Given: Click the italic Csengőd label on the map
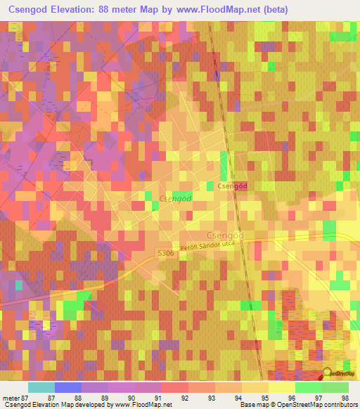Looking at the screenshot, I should click(x=176, y=199).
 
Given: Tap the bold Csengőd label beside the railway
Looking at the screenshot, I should click(x=231, y=186).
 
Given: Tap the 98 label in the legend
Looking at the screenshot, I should click(x=344, y=398).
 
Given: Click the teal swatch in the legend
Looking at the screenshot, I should click(x=41, y=387).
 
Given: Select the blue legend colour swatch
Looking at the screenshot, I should click(x=68, y=387).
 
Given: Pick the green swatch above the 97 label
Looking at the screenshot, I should click(x=308, y=387).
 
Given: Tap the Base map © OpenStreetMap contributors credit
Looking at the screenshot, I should click(x=297, y=405).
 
